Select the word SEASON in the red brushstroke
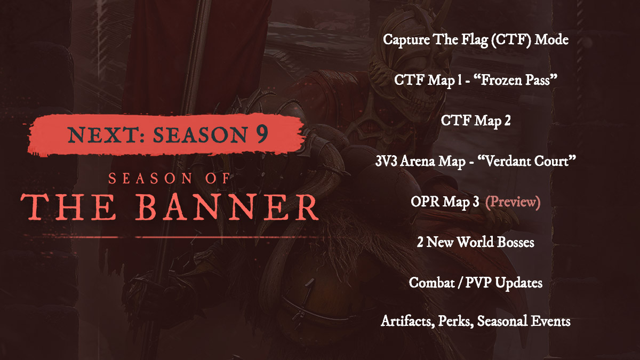[200, 134]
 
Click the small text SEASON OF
[169, 179]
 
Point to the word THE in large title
[68, 207]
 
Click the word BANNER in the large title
[227, 207]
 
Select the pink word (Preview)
[513, 202]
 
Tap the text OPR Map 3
[445, 202]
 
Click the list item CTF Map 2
[475, 121]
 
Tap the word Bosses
[515, 242]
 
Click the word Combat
[431, 283]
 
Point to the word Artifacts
[408, 321]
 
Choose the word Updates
[518, 283]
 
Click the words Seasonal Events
[524, 321]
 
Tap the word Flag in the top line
[475, 39]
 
